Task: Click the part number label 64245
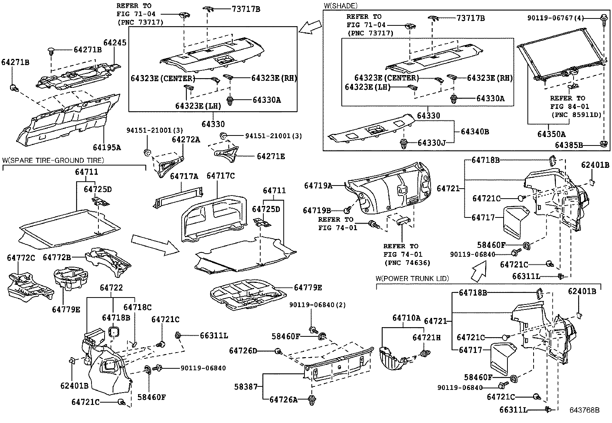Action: point(115,43)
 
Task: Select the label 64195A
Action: point(106,147)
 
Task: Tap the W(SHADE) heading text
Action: point(341,6)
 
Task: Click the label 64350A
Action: point(551,134)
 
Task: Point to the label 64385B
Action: point(569,145)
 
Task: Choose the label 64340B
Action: point(475,132)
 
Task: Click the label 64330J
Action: point(431,143)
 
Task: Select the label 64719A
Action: point(318,186)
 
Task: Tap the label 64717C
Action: point(220,176)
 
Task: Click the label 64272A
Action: point(186,140)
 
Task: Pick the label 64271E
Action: point(271,156)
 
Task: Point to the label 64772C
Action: point(21,257)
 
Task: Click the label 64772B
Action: point(57,257)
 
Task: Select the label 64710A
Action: point(406,318)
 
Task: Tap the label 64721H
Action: point(427,337)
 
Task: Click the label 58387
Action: point(246,386)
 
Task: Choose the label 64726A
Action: point(283,400)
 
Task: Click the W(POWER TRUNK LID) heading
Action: point(412,278)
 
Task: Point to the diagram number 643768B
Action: point(584,410)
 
